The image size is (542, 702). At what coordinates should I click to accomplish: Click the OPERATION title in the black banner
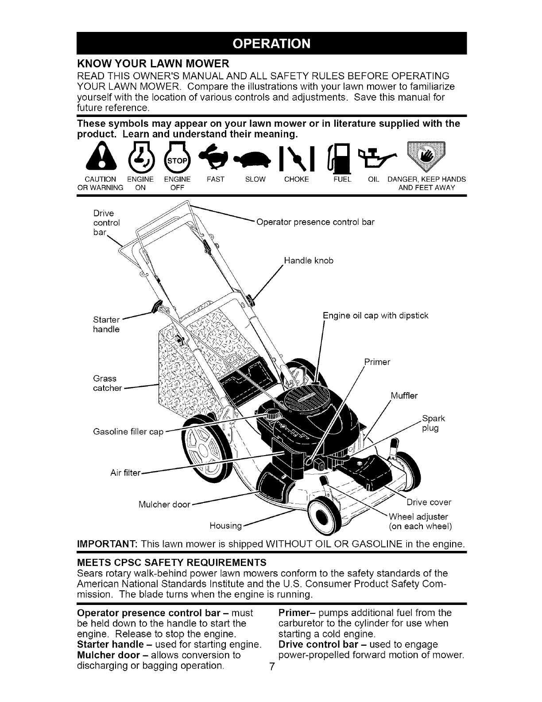coord(271,43)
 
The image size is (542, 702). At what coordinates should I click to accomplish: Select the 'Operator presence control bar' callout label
coord(316,222)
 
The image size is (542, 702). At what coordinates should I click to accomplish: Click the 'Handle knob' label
coord(309,261)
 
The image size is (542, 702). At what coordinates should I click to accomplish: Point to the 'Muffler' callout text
coord(404,395)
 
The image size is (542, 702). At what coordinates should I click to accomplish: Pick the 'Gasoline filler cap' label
coord(128,432)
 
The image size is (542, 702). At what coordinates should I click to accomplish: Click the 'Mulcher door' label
coord(164,504)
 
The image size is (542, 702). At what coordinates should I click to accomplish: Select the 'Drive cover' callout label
coord(429,502)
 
